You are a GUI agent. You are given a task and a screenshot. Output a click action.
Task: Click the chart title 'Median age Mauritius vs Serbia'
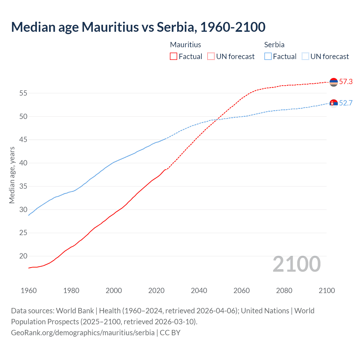[138, 27]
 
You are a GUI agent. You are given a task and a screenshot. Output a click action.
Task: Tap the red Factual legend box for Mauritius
[174, 56]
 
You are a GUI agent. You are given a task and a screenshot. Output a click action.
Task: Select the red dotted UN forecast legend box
[211, 56]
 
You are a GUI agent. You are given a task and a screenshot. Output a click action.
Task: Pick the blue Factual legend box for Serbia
[268, 56]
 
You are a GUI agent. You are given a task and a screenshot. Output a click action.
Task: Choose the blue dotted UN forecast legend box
[305, 56]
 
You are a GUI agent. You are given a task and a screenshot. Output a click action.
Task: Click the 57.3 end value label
[346, 82]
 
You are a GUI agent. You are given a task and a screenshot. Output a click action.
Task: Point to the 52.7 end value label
[346, 103]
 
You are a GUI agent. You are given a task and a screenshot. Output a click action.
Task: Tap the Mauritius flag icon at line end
[334, 82]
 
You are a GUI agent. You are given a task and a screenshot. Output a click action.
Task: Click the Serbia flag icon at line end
[334, 103]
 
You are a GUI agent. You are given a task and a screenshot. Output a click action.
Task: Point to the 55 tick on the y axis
[23, 93]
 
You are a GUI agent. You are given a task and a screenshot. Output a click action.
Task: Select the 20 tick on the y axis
[23, 256]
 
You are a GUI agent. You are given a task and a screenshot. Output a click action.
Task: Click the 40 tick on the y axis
[23, 163]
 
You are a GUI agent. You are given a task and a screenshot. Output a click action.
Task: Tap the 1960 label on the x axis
[29, 291]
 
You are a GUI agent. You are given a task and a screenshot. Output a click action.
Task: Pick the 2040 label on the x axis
[199, 291]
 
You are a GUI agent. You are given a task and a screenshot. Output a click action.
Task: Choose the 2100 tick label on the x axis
[327, 291]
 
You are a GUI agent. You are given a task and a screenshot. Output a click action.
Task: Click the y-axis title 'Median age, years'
[12, 175]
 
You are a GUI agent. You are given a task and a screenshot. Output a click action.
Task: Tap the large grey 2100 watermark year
[296, 264]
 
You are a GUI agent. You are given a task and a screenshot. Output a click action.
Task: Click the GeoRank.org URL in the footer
[83, 332]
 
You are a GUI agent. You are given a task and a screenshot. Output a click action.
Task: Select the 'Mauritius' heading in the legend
[186, 45]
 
